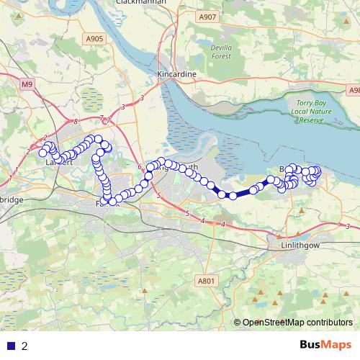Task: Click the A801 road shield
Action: coord(206,281)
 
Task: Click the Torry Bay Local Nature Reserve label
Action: coord(311,112)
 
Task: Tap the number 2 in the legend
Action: coord(24,346)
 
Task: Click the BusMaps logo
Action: coord(325,345)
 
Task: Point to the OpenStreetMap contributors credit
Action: coord(297,323)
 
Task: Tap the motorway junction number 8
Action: coord(76,122)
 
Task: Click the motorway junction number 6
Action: coord(140,167)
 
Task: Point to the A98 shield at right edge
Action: coord(354,91)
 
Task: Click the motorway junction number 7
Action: coord(102,118)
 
